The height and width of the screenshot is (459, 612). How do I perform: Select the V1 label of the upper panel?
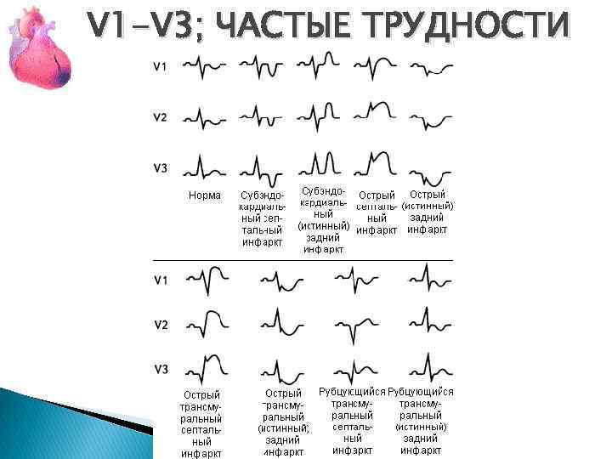(160, 65)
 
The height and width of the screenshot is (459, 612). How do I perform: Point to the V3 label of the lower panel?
(160, 369)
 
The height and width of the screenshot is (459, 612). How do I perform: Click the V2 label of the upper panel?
(160, 117)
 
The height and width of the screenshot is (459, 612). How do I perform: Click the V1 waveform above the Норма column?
(205, 64)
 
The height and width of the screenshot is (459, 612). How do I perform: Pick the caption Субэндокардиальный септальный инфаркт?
(262, 218)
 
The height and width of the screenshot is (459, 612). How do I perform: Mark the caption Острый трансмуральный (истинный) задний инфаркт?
(283, 422)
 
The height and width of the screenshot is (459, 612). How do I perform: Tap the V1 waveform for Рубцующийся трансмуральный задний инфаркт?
(425, 277)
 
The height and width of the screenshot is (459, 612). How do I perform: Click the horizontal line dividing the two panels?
(303, 259)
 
